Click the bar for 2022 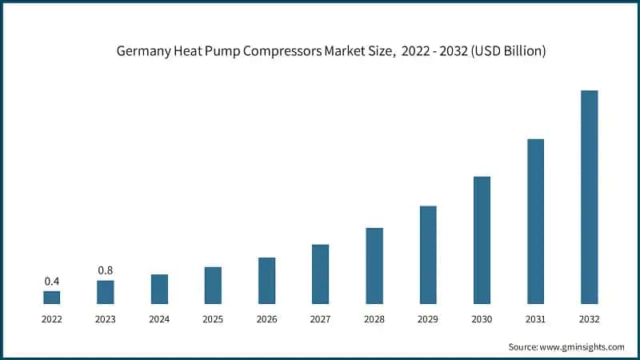[51, 297]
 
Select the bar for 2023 [105, 292]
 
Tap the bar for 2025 [213, 285]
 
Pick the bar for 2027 [320, 274]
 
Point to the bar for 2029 [428, 254]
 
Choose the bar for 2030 [482, 240]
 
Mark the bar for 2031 [535, 221]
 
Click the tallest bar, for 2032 [589, 197]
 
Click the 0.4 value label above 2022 [51, 281]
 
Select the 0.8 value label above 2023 [105, 270]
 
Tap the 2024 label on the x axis [159, 318]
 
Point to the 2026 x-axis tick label [266, 318]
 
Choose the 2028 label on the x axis [374, 318]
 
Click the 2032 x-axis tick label [589, 318]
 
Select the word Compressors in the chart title [286, 51]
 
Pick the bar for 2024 [159, 289]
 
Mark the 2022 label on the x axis [51, 318]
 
